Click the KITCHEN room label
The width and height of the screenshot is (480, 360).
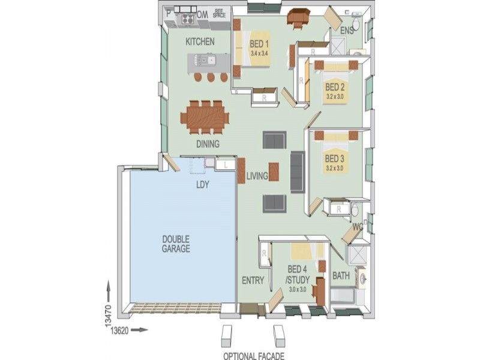200,42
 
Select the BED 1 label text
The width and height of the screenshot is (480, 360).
259,44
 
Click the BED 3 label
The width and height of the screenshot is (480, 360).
334,159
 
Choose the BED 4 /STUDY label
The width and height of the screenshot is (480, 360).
298,274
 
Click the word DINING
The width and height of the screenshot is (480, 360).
208,144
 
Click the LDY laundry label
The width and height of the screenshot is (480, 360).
202,185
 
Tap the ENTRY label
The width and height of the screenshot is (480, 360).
253,280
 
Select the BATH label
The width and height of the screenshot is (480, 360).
341,277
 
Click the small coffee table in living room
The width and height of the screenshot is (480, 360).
274,171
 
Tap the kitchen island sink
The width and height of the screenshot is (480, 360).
205,59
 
